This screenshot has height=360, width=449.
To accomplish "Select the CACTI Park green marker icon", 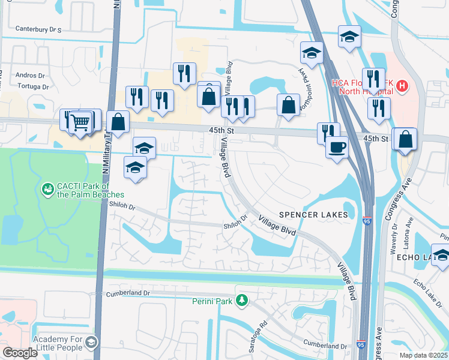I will pyautogui.click(x=47, y=190).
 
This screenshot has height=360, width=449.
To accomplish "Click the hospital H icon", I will pyautogui.click(x=402, y=86).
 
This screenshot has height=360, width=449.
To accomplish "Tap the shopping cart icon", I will pyautogui.click(x=80, y=122).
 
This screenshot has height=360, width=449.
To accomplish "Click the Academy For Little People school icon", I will pyautogui.click(x=91, y=343).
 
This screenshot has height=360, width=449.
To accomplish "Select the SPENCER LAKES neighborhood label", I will pyautogui.click(x=313, y=215).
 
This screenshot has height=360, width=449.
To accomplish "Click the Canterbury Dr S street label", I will pyautogui.click(x=38, y=28).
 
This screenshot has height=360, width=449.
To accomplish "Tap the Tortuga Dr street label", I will pyautogui.click(x=29, y=86).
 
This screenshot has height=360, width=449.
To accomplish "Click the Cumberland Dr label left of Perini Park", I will pyautogui.click(x=126, y=293).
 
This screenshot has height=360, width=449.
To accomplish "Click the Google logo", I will pyautogui.click(x=20, y=353).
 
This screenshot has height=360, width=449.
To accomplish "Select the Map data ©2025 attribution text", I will pyautogui.click(x=423, y=355).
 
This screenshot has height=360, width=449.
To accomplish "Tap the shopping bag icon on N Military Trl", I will pyautogui.click(x=118, y=121).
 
